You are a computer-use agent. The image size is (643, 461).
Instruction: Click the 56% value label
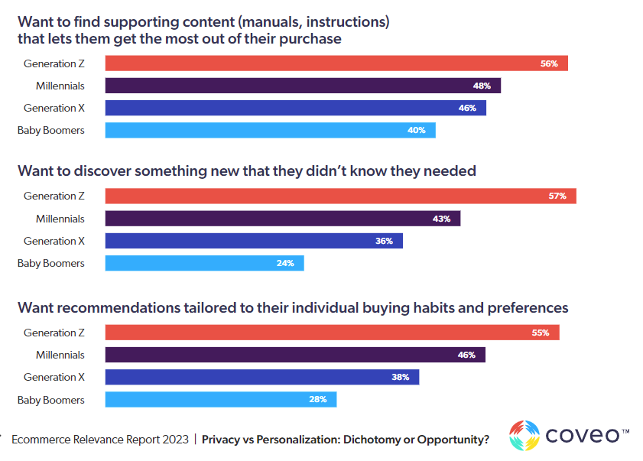click(549, 63)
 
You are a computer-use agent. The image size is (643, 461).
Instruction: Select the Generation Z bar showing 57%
click(340, 196)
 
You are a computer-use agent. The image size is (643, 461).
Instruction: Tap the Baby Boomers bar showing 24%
click(204, 264)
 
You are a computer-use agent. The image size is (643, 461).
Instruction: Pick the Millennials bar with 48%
click(303, 86)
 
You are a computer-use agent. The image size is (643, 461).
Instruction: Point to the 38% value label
click(401, 377)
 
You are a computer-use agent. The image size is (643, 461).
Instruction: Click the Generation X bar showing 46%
click(295, 108)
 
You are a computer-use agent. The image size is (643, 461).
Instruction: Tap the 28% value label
click(318, 399)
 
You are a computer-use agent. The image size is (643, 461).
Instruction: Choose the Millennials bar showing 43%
click(282, 219)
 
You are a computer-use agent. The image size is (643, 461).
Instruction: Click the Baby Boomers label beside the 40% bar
click(51, 130)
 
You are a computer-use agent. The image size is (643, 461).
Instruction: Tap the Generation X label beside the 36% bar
click(54, 241)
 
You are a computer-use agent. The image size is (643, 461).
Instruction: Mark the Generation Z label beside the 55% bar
click(54, 333)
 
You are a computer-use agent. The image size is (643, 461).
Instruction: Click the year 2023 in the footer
click(171, 440)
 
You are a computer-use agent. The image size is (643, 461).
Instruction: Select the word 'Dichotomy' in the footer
click(358, 440)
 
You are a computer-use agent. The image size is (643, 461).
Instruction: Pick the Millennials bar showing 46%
click(295, 355)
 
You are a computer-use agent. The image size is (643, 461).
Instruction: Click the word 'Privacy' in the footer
click(222, 440)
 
